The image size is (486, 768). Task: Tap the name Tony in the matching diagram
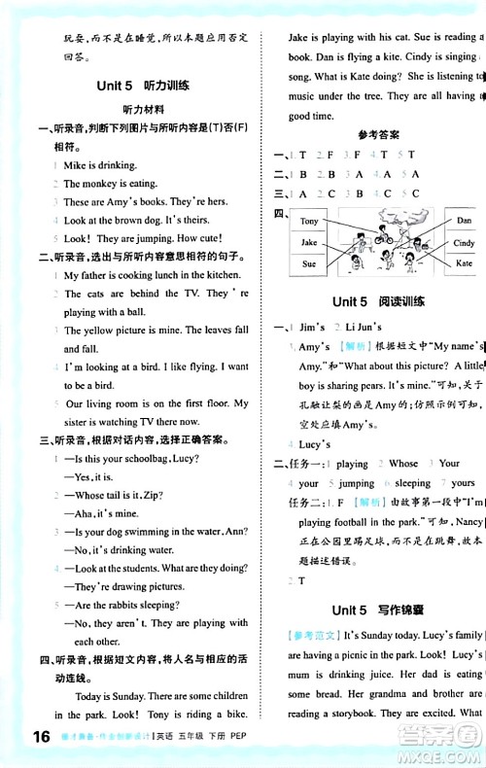pos(310,222)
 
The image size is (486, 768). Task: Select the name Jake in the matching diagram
pos(309,243)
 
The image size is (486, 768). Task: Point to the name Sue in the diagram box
pos(309,263)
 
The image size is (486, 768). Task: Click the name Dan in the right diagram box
pos(464,222)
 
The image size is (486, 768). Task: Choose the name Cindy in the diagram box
pos(464,243)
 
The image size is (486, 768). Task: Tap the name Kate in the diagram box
pos(464,263)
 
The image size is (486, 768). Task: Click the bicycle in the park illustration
pos(382,236)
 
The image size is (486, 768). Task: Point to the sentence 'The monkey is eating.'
pos(110,184)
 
